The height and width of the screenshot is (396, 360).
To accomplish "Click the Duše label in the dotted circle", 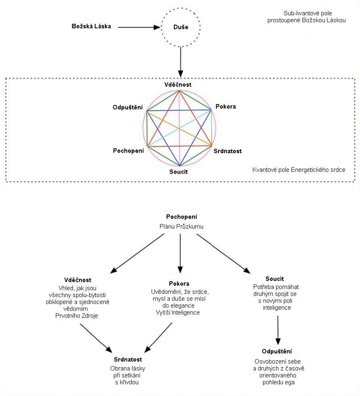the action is [181, 27].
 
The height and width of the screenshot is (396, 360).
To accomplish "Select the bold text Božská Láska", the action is [91, 26].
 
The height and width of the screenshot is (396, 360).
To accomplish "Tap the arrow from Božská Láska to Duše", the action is [139, 27].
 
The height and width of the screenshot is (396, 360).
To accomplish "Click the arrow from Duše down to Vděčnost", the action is [180, 62].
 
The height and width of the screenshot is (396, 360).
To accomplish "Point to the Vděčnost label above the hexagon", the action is [178, 84].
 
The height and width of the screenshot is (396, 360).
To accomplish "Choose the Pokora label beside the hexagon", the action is [225, 107].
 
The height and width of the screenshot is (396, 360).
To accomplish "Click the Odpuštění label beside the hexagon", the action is [128, 107].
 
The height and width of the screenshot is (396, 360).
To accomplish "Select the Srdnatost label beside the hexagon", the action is [228, 151].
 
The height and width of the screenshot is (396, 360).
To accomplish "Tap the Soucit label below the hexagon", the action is [179, 172].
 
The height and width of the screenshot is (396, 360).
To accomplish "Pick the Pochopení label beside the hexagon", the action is [129, 151].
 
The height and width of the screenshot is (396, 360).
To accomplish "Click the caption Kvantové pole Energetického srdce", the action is [299, 170].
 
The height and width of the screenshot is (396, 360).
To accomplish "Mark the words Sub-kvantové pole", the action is [308, 13].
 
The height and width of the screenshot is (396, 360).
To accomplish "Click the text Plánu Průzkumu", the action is [181, 226].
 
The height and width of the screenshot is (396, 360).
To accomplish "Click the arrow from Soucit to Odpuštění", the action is [278, 331].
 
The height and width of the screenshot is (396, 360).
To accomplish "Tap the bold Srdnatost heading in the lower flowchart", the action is [128, 359].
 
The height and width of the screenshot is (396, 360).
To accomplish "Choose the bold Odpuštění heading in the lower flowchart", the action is [277, 351].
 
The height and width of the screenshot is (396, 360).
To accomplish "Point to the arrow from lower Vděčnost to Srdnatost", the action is [96, 338].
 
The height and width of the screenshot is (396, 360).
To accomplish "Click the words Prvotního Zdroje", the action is [77, 316].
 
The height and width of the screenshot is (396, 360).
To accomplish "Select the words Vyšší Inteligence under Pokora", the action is [178, 312].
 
